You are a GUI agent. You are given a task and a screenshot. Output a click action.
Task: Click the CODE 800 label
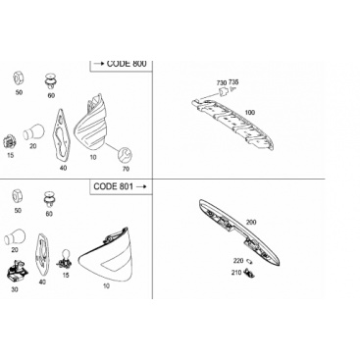127,64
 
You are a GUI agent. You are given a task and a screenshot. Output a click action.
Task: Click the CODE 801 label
113,186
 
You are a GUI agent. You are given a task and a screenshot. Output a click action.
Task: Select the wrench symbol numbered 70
125,155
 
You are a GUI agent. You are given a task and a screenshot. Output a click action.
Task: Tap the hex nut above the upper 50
18,78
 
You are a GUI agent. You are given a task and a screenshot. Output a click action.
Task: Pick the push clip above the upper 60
51,81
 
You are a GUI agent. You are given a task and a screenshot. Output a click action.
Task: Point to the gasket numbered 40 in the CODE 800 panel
61,136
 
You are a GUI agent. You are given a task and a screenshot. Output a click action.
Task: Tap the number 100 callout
250,113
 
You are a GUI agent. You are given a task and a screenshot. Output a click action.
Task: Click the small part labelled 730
225,92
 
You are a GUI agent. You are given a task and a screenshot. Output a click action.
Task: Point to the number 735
233,81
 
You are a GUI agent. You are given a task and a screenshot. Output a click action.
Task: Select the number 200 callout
251,223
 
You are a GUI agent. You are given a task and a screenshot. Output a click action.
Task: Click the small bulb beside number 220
251,261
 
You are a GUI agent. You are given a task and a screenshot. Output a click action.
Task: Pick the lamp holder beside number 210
249,272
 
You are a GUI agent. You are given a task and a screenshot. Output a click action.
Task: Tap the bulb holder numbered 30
17,270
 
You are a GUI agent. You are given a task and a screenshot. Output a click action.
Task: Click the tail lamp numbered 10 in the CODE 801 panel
107,254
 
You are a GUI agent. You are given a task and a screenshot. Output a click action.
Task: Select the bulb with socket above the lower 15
64,259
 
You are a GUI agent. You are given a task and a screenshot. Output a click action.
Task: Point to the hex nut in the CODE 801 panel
17,196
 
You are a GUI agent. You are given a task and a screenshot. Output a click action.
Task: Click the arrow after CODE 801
141,186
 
